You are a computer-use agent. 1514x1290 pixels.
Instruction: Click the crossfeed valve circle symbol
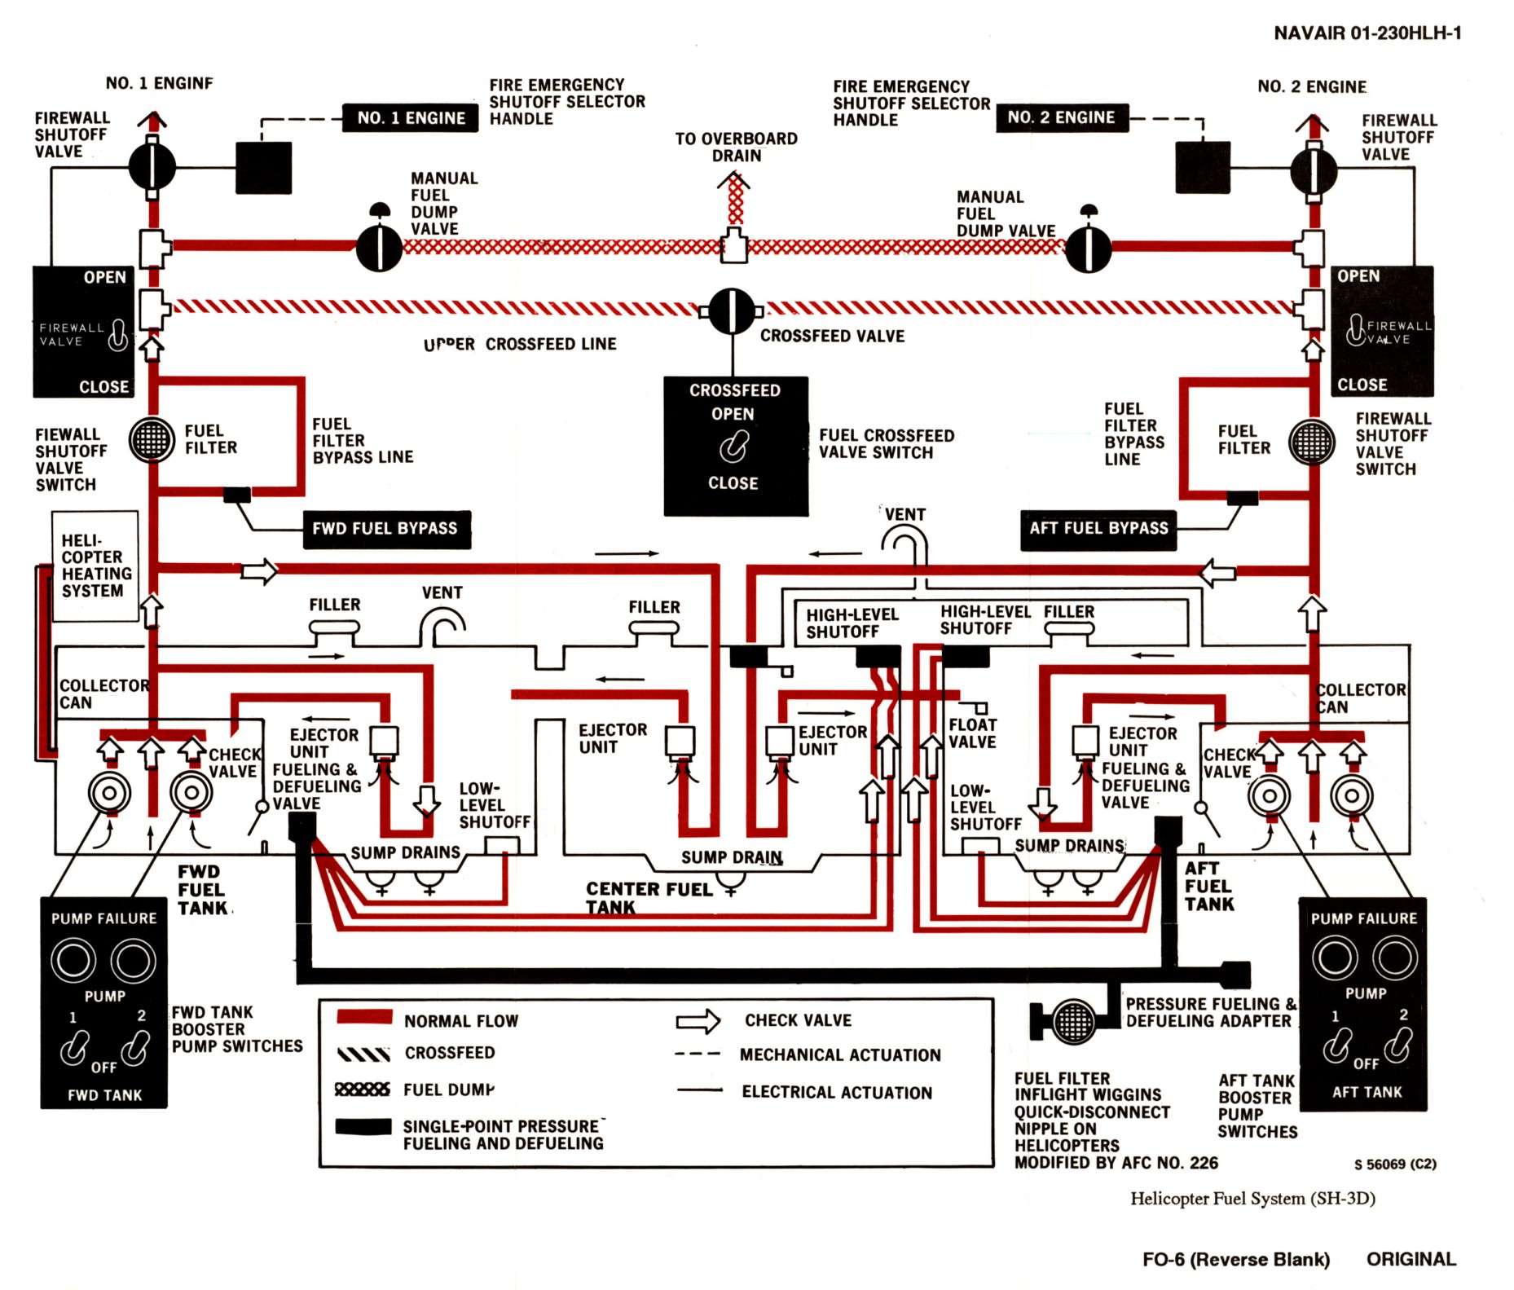click(x=732, y=310)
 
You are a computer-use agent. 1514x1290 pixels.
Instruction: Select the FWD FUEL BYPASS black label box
click(x=385, y=529)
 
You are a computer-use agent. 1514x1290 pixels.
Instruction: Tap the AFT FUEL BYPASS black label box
click(x=1098, y=529)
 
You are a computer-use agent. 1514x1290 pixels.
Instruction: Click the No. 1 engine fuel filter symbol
click(x=152, y=440)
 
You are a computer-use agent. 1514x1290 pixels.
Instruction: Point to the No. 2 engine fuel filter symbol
click(x=1311, y=442)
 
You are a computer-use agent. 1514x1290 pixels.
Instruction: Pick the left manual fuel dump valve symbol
click(x=379, y=246)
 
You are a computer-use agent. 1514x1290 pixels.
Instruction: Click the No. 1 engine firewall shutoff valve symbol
click(x=152, y=166)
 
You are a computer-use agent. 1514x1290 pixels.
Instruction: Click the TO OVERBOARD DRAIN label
click(x=737, y=147)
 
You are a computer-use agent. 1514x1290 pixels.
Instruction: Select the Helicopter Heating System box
click(x=95, y=566)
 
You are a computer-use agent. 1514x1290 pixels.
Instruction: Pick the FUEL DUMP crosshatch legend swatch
click(x=363, y=1090)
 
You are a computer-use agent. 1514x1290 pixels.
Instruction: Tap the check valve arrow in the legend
click(x=698, y=1021)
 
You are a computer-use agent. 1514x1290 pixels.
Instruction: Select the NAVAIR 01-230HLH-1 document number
click(x=1367, y=33)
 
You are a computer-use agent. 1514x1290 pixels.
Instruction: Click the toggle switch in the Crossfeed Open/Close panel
click(x=733, y=447)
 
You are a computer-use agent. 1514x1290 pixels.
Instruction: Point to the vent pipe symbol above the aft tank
click(x=906, y=543)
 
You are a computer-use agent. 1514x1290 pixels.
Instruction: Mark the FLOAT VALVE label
click(x=972, y=733)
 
